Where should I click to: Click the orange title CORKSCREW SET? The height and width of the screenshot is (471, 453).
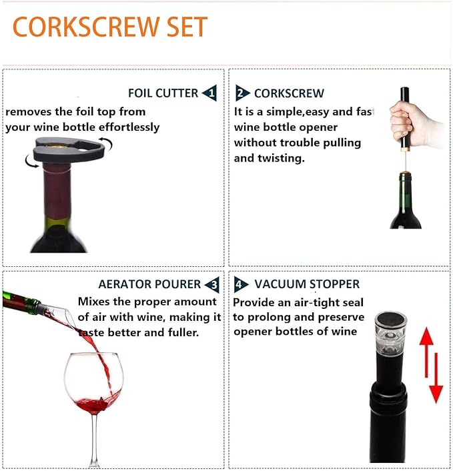[x=110, y=27]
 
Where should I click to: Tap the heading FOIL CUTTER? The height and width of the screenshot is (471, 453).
[x=163, y=93]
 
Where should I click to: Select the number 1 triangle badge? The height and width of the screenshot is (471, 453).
[x=210, y=93]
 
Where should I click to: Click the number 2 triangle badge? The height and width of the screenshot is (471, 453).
[x=242, y=93]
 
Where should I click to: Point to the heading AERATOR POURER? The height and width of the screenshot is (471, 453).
[x=149, y=285]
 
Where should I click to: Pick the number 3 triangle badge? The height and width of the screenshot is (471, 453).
[x=211, y=285]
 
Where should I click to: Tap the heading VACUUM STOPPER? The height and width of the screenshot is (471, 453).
[x=307, y=285]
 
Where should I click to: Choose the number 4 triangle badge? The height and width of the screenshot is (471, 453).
[x=242, y=285]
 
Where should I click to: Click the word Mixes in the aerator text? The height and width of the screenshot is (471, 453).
[x=94, y=302]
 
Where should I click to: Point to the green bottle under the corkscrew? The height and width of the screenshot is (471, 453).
[x=405, y=203]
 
